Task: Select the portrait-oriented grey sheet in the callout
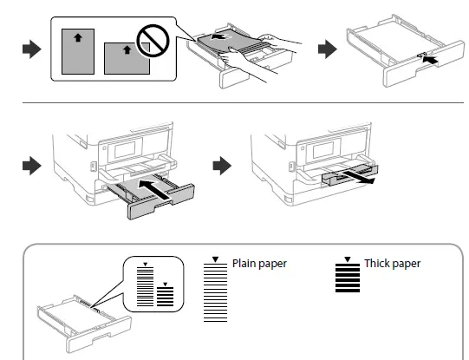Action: point(81,50)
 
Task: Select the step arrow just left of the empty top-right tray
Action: point(328,49)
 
